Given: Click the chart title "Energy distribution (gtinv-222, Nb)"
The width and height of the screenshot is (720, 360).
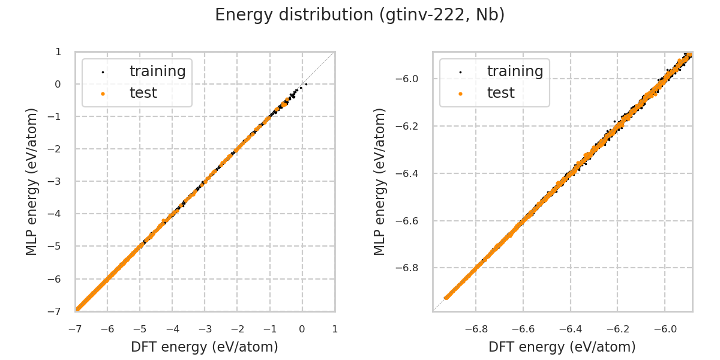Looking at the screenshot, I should (360, 15).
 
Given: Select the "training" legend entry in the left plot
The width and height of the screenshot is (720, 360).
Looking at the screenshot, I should (157, 71).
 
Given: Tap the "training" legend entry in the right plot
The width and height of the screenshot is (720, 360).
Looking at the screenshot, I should (515, 71).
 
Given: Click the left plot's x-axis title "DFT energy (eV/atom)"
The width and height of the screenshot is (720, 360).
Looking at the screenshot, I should (205, 347).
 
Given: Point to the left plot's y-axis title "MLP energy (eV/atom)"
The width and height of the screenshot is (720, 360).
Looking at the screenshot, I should (32, 181).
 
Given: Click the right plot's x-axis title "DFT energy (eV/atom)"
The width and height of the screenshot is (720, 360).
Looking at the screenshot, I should (562, 347).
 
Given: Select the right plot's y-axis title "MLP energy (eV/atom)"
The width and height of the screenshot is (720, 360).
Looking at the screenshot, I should (380, 181).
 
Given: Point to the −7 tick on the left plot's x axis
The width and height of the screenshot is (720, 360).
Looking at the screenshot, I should (75, 329).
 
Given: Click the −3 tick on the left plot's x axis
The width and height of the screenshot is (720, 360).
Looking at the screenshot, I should (205, 329).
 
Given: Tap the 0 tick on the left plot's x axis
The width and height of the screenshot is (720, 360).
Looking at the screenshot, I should (302, 329).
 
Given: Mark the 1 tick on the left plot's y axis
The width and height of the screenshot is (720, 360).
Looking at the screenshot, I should (58, 52).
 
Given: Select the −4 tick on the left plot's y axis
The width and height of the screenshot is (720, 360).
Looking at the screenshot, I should (56, 214).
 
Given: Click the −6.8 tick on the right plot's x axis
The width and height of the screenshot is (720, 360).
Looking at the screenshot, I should (475, 329).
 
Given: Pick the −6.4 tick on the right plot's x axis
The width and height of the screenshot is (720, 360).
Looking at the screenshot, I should (570, 329).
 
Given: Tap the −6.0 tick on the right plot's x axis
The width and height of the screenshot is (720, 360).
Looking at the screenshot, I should (664, 329).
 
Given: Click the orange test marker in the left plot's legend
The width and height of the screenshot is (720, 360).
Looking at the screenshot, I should (103, 94).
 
